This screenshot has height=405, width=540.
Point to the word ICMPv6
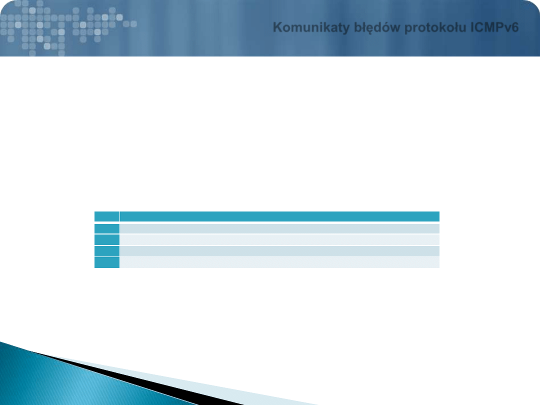(x=494, y=27)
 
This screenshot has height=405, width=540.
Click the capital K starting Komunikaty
(x=277, y=27)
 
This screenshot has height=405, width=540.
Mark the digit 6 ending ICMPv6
(x=515, y=27)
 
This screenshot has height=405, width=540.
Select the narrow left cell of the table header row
(x=107, y=216)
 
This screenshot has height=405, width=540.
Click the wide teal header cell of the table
(x=279, y=216)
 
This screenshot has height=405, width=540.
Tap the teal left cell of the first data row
(x=107, y=228)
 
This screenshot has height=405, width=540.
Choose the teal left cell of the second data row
(x=107, y=239)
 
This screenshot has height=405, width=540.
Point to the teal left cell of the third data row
(x=107, y=251)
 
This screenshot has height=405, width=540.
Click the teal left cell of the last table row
(x=107, y=262)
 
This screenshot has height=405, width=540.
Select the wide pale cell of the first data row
(x=279, y=228)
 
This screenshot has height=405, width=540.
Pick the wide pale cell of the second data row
(x=279, y=239)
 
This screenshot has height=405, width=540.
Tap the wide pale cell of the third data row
(x=279, y=251)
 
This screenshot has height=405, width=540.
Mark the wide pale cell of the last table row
(x=279, y=262)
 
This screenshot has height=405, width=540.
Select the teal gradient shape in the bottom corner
(x=69, y=382)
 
